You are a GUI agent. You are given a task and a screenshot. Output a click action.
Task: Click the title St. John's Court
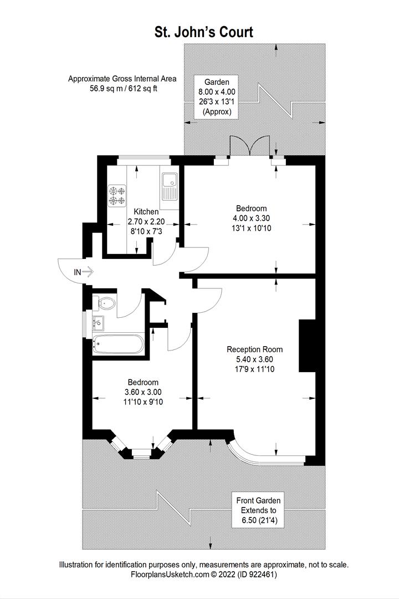click(x=203, y=32)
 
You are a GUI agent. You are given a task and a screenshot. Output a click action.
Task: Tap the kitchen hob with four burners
click(x=117, y=195)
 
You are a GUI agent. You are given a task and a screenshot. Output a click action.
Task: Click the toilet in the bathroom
click(x=105, y=303)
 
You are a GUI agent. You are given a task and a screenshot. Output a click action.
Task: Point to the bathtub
click(x=118, y=344)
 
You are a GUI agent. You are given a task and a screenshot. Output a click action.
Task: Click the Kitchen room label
click(x=146, y=212)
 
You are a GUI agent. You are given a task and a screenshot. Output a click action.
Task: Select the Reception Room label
click(x=254, y=349)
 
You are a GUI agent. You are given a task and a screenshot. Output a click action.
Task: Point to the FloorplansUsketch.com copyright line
click(x=203, y=575)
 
